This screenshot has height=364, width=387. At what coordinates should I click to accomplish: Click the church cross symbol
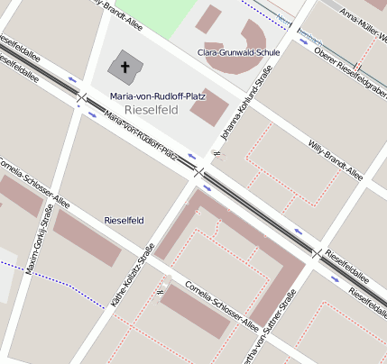pyautogui.click(x=124, y=68)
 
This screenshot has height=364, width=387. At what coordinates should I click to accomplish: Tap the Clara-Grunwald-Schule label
pyautogui.click(x=238, y=52)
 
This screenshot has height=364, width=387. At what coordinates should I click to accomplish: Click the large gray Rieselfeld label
pyautogui.click(x=152, y=110)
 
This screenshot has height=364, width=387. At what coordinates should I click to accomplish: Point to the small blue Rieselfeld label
pyautogui.click(x=124, y=220)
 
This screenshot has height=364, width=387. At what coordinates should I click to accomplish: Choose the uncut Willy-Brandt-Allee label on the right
pyautogui.click(x=335, y=157)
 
